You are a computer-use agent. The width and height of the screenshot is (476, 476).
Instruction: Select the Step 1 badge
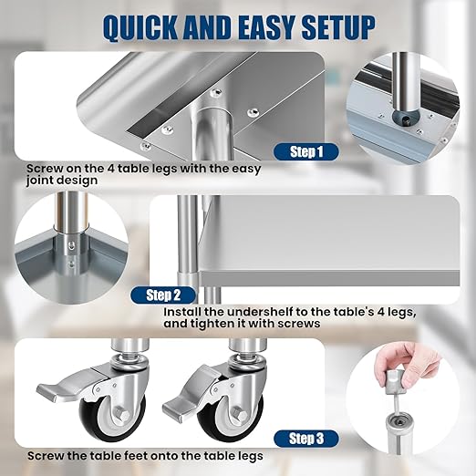click(x=307, y=151)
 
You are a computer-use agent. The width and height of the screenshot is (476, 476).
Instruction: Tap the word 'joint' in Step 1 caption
click(x=43, y=181)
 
